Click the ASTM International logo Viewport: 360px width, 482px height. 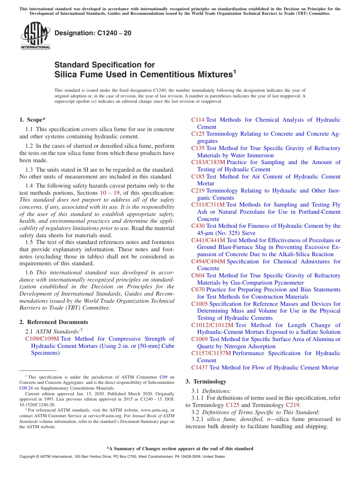[x=35, y=36]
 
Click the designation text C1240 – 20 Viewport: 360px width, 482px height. [x=93, y=33]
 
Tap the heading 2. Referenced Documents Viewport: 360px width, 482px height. [x=54, y=322]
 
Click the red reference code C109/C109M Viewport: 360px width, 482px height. [x=42, y=339]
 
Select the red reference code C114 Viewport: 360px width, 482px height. [x=198, y=120]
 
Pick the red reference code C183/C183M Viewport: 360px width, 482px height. [x=208, y=162]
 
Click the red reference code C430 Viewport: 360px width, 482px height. [x=198, y=226]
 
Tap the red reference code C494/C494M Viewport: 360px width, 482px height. [x=208, y=261]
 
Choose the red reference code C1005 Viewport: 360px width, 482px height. [x=199, y=304]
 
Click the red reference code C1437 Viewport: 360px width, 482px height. [x=199, y=368]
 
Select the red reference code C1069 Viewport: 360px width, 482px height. [x=199, y=339]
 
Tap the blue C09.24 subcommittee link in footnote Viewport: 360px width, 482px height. [x=26, y=388]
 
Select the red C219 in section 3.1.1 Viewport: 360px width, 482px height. [x=292, y=405]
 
